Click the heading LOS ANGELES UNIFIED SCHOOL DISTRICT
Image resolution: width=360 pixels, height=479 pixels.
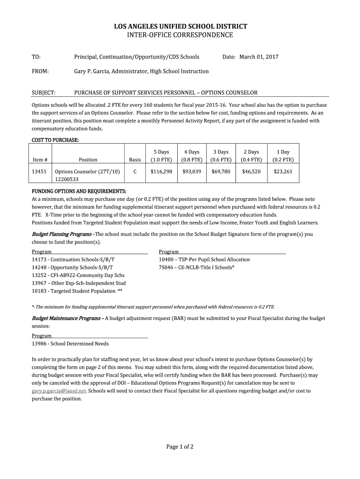[x=180, y=27]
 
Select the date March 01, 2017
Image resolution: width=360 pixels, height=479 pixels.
[x=259, y=57]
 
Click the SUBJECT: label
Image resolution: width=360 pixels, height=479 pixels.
[x=43, y=93]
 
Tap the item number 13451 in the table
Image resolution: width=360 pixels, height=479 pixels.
[x=38, y=172]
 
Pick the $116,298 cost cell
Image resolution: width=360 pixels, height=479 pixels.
[x=161, y=172]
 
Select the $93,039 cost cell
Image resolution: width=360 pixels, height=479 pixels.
[x=192, y=172]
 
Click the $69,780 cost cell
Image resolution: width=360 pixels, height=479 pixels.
[x=221, y=172]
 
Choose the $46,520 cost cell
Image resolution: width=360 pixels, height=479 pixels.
[x=251, y=172]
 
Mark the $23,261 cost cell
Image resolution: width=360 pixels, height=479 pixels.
[x=283, y=172]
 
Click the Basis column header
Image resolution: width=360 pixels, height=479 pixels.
[x=135, y=160]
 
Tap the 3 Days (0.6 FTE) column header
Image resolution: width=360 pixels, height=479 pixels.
[x=221, y=156]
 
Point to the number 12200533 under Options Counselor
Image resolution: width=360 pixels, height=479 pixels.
[x=67, y=179]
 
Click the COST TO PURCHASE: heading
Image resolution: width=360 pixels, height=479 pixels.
[x=55, y=140]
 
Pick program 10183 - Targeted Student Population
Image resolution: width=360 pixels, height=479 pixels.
[x=74, y=291]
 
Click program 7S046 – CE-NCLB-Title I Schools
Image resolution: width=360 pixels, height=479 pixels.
[x=196, y=267]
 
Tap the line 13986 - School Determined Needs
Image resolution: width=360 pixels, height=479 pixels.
[x=70, y=344]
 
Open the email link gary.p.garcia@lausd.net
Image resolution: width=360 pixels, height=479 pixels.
[x=59, y=391]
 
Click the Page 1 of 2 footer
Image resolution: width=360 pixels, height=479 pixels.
[x=180, y=447]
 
